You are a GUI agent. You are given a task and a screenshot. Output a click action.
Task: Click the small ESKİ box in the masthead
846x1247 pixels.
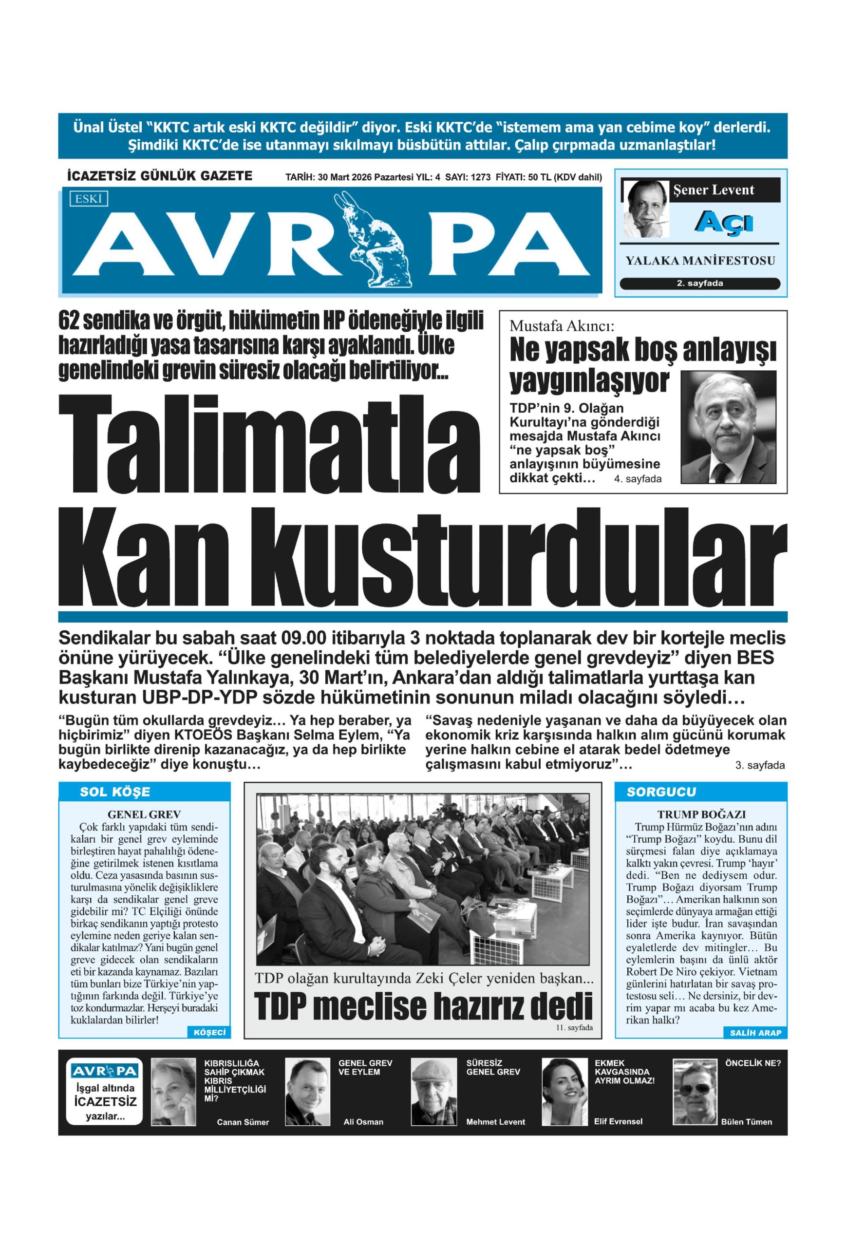(x=88, y=199)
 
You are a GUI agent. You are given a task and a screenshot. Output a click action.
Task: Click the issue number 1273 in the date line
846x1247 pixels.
(x=481, y=178)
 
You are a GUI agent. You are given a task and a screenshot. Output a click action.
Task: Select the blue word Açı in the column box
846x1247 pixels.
(x=725, y=222)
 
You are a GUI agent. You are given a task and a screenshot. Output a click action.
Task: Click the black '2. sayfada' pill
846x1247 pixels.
(x=699, y=283)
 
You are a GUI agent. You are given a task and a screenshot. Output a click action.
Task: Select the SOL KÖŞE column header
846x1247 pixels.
(x=115, y=792)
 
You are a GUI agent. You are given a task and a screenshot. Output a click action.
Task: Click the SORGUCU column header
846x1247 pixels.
(x=661, y=792)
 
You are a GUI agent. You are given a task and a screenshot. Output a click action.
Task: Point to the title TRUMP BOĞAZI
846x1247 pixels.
(x=701, y=814)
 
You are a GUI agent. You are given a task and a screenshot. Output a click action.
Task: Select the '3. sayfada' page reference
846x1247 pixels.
(x=759, y=765)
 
